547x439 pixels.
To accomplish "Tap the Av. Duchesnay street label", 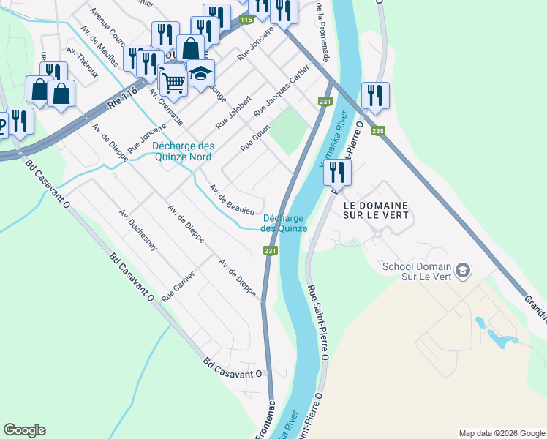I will click(138, 230).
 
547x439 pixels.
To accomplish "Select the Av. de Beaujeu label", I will click(231, 200).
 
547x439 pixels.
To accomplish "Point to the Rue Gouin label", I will click(256, 138).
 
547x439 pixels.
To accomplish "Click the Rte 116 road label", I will click(122, 95).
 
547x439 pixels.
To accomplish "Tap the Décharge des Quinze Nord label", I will click(182, 151).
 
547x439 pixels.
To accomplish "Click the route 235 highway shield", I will click(377, 131).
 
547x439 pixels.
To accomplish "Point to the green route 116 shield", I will click(246, 20).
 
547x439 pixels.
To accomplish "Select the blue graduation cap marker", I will click(200, 72).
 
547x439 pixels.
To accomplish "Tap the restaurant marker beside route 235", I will click(375, 96).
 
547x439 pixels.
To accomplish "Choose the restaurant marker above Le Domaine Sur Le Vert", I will click(337, 172).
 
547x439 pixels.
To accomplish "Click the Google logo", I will click(24, 430).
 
